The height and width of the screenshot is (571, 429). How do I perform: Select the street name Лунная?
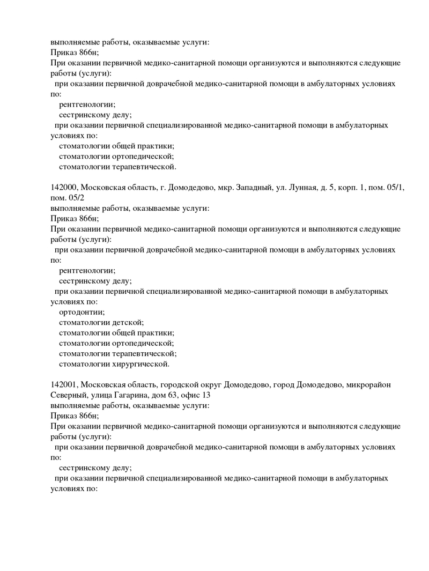pyautogui.click(x=302, y=188)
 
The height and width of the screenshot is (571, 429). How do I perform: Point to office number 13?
pyautogui.click(x=205, y=396)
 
